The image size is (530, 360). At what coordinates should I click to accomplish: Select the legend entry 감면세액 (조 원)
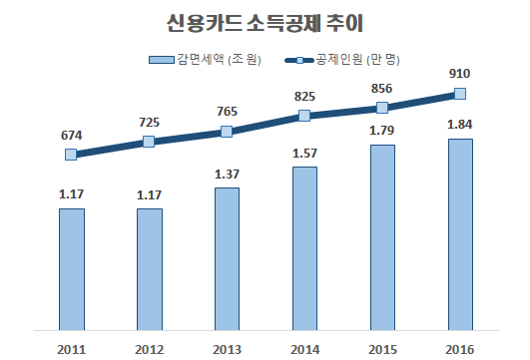(205, 61)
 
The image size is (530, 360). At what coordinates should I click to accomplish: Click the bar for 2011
(71, 268)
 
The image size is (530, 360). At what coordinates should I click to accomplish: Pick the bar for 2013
(227, 258)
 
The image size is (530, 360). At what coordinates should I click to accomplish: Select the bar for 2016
(460, 234)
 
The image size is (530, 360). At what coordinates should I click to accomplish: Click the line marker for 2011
(71, 155)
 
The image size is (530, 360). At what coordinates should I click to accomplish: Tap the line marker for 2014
(304, 116)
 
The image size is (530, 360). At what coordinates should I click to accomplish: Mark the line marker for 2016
(460, 94)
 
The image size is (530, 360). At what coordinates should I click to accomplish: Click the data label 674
(71, 132)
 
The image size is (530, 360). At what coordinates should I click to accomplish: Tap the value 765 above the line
(227, 109)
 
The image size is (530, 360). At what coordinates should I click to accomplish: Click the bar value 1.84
(460, 125)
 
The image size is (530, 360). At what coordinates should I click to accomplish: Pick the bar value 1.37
(227, 174)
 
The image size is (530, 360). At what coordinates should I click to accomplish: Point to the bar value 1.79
(382, 131)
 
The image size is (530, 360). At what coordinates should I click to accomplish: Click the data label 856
(382, 86)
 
